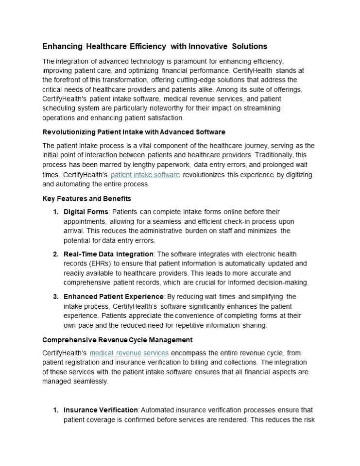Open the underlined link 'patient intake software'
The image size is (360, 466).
[145, 175]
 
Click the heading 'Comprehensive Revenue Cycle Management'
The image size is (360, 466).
[117, 339]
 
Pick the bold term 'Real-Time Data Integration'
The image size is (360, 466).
[108, 254]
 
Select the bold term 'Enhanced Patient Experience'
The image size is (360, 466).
[114, 297]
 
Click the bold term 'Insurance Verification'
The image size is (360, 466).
[101, 410]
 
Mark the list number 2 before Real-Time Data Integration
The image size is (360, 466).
[55, 254]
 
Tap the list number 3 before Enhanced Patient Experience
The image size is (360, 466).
[55, 297]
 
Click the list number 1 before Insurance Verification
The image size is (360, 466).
[55, 410]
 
